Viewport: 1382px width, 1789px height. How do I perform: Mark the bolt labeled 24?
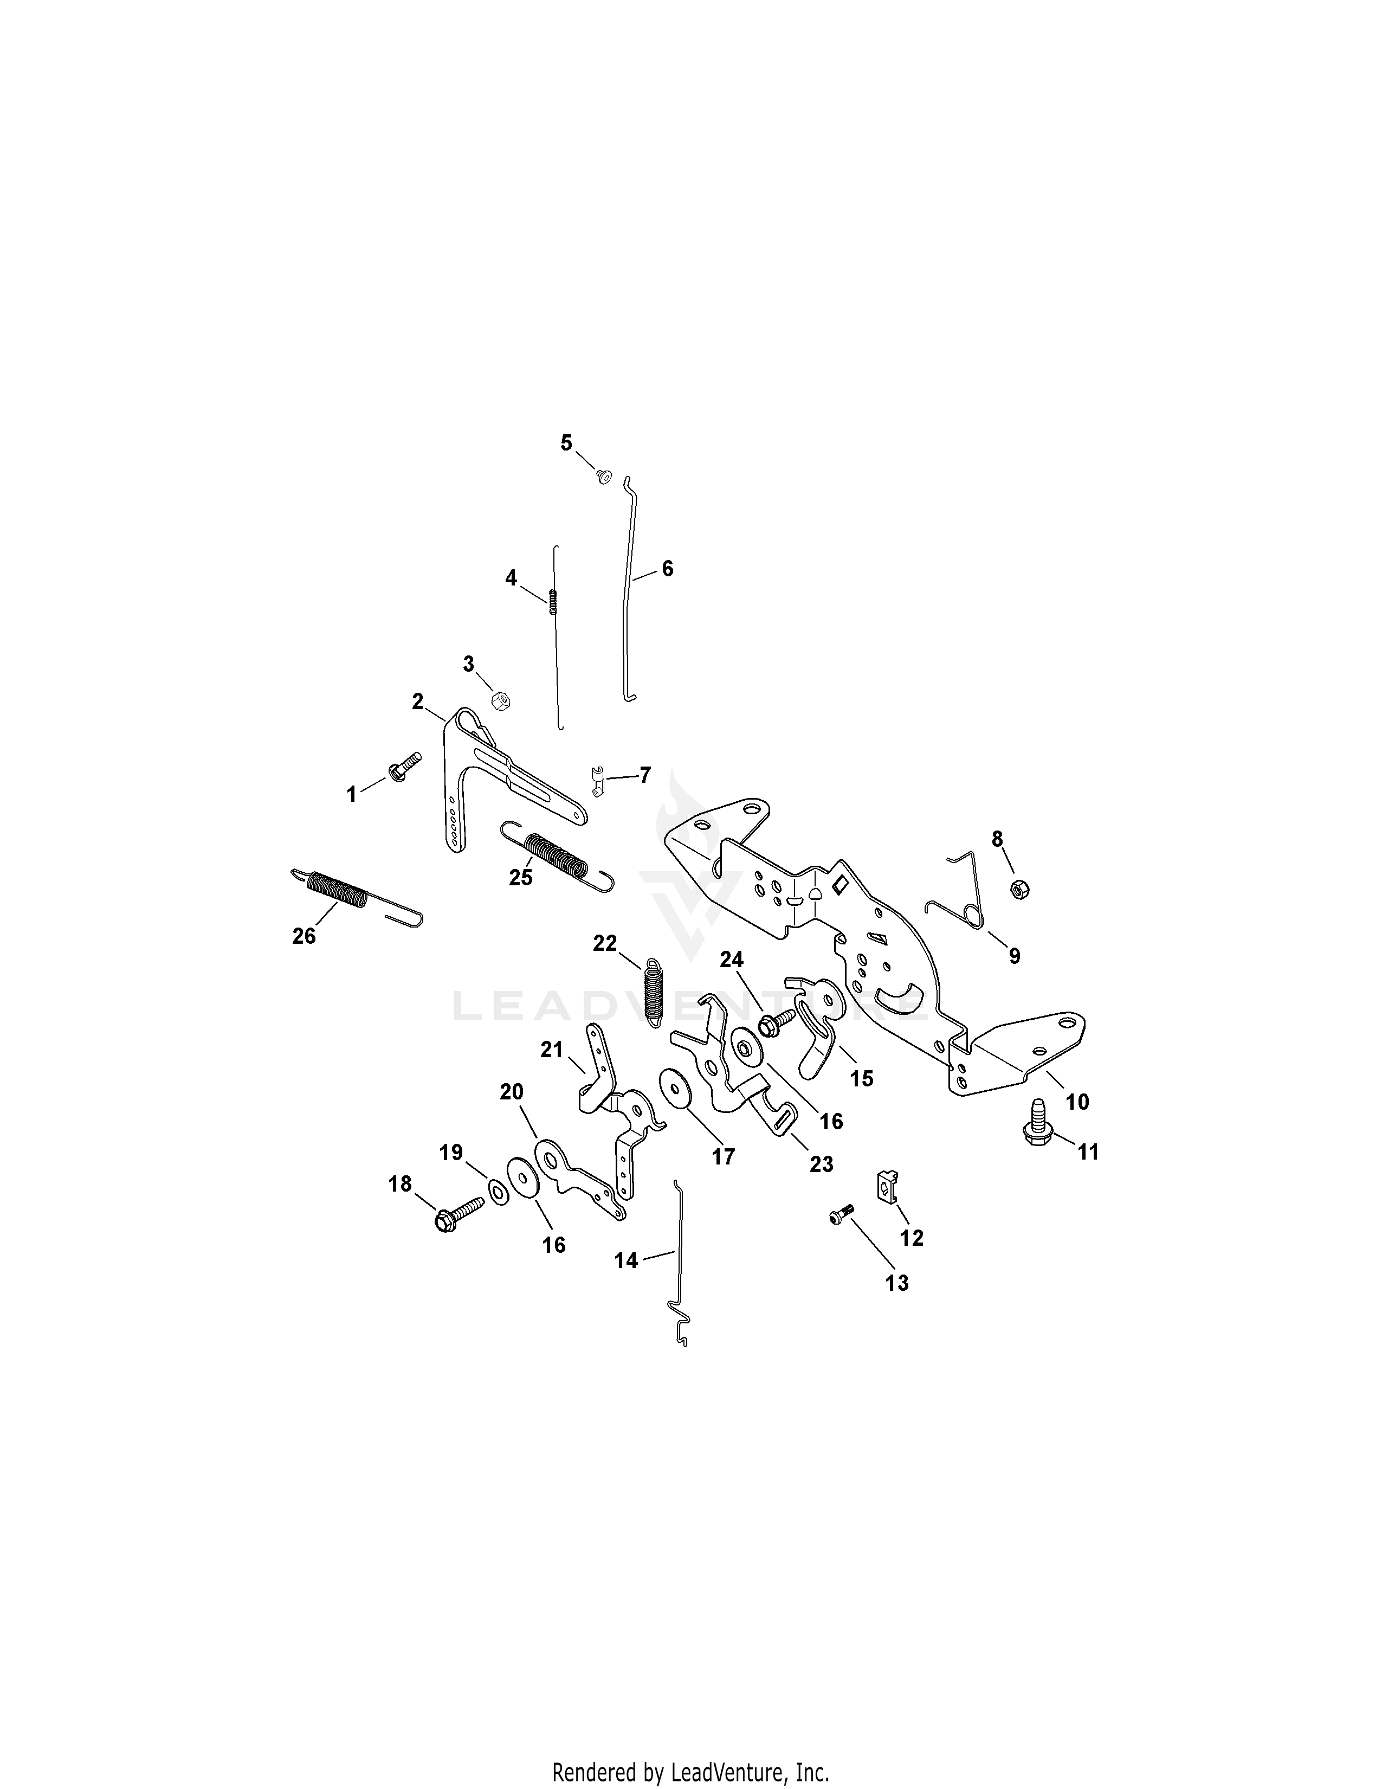click(776, 1020)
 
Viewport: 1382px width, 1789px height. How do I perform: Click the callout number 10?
click(1077, 1102)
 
